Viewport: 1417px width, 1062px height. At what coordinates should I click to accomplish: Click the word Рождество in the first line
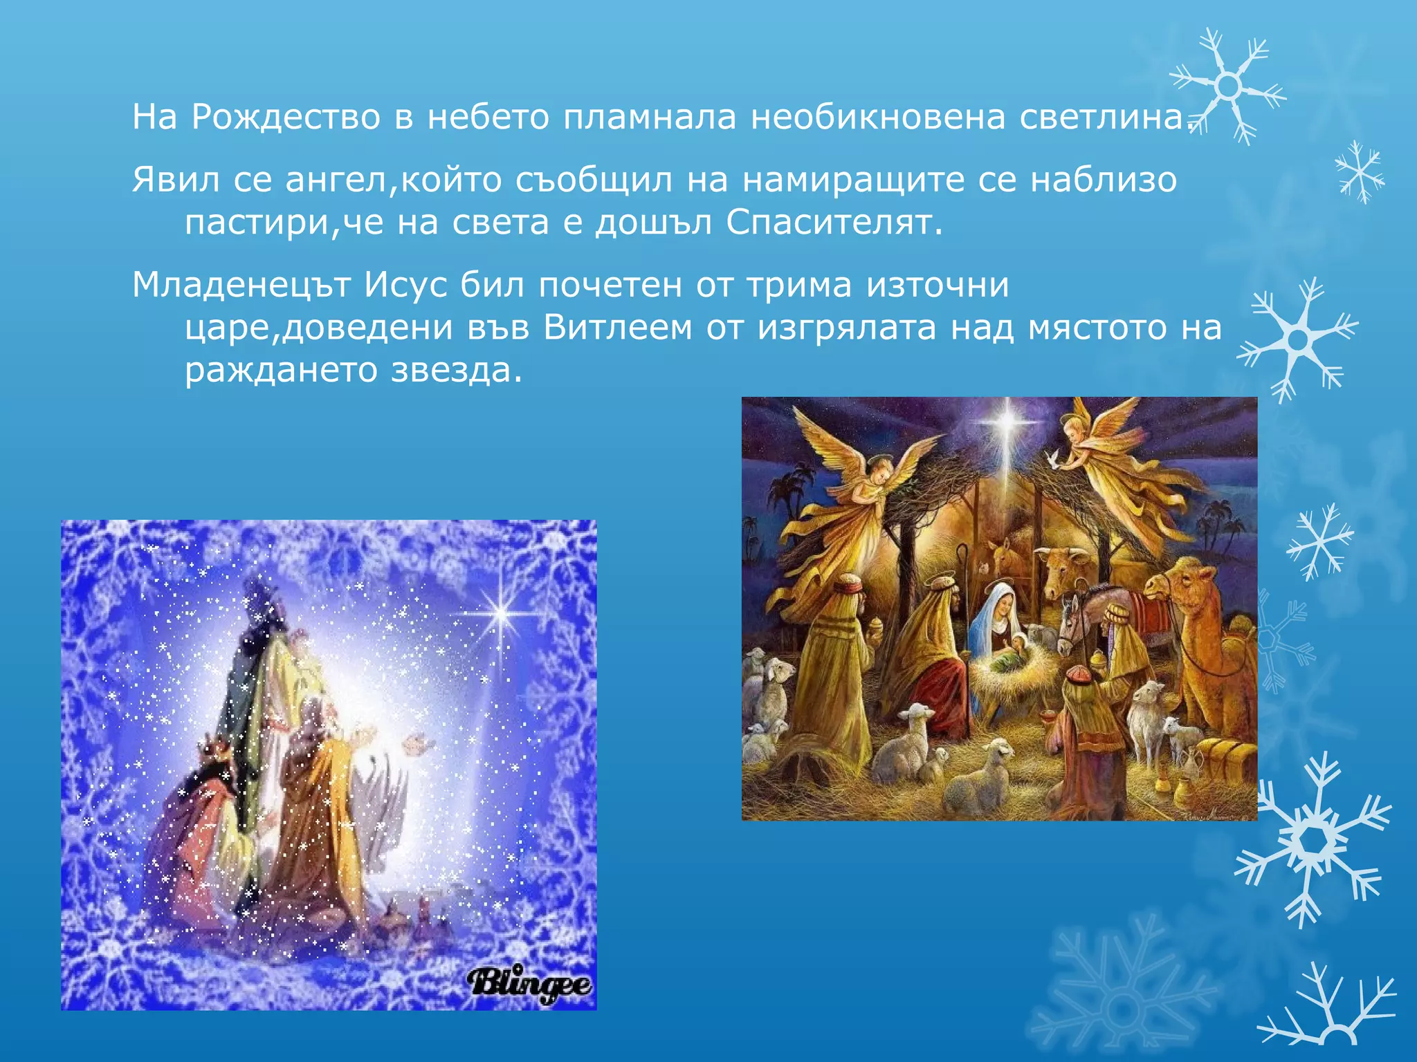coord(286,117)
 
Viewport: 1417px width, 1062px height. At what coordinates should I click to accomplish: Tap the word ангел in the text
coord(337,180)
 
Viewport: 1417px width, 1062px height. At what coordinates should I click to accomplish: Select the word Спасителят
coord(834,223)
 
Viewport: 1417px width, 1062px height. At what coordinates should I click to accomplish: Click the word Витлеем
coord(617,328)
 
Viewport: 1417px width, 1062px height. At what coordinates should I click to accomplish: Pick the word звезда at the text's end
coord(456,370)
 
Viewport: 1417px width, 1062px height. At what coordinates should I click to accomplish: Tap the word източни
coord(938,285)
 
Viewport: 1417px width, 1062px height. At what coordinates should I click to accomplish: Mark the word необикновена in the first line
coord(878,117)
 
